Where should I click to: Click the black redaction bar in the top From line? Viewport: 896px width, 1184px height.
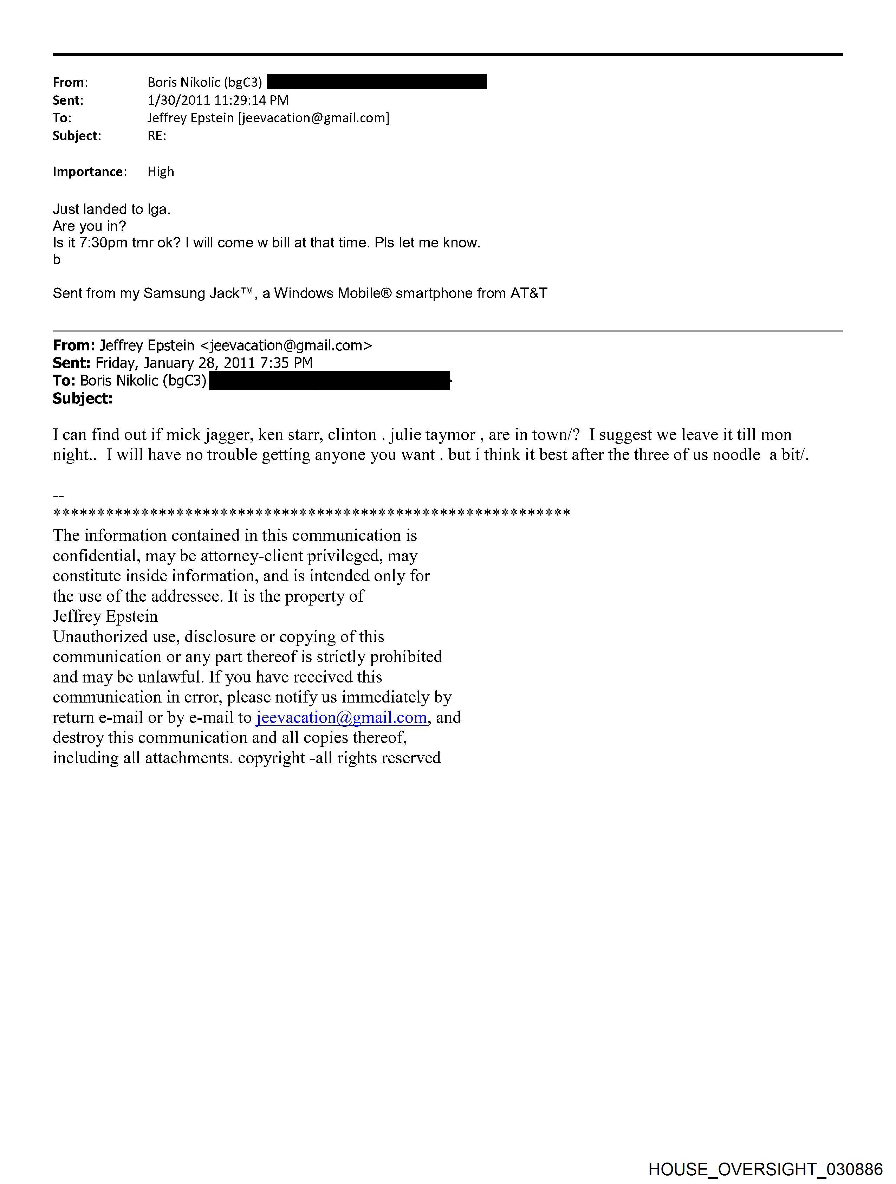(376, 82)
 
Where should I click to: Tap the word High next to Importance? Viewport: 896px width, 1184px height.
(161, 172)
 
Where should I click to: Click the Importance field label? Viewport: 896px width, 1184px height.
(89, 172)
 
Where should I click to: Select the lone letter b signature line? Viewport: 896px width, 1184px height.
(57, 260)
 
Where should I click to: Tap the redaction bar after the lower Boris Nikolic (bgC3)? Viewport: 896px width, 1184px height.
(329, 381)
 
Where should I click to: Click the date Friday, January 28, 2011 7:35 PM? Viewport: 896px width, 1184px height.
(204, 363)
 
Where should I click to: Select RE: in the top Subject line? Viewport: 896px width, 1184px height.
(157, 136)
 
